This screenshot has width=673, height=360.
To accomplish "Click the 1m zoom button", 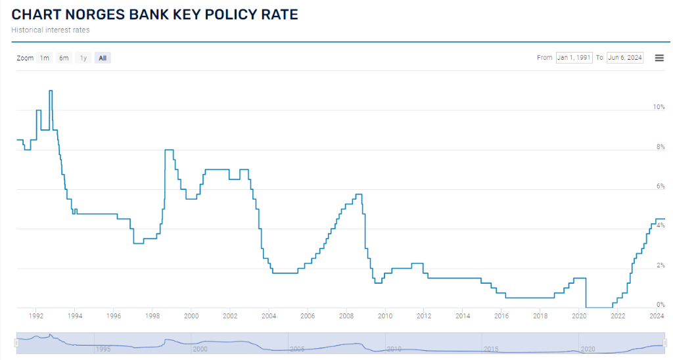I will tap(44, 58).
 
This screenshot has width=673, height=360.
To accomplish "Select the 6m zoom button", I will tap(64, 58).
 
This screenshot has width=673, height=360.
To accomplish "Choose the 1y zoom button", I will tap(83, 58).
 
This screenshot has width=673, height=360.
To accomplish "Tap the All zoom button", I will tap(103, 58).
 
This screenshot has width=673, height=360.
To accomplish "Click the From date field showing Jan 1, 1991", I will tap(574, 58).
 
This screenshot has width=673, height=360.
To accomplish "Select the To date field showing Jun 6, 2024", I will tap(625, 58).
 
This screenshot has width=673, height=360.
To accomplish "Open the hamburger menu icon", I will tap(659, 58).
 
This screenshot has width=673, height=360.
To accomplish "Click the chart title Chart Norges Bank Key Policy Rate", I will tap(155, 14).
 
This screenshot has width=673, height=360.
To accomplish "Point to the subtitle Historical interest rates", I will tap(51, 30).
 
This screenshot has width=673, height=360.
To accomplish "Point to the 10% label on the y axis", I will tap(659, 106).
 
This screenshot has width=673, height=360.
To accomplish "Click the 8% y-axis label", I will tap(661, 146).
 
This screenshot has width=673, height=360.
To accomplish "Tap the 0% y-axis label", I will tap(661, 305).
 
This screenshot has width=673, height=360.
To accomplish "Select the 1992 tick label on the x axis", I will tap(36, 317).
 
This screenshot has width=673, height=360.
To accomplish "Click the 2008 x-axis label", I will tap(346, 317).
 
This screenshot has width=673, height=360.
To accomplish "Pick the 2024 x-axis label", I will tap(657, 317).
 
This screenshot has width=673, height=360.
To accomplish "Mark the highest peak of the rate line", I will tap(51, 91).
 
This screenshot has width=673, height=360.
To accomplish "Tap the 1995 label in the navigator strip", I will tap(103, 349).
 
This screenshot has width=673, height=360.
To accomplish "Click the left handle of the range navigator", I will tap(17, 342).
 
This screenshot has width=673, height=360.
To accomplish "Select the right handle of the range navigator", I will tap(665, 342).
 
